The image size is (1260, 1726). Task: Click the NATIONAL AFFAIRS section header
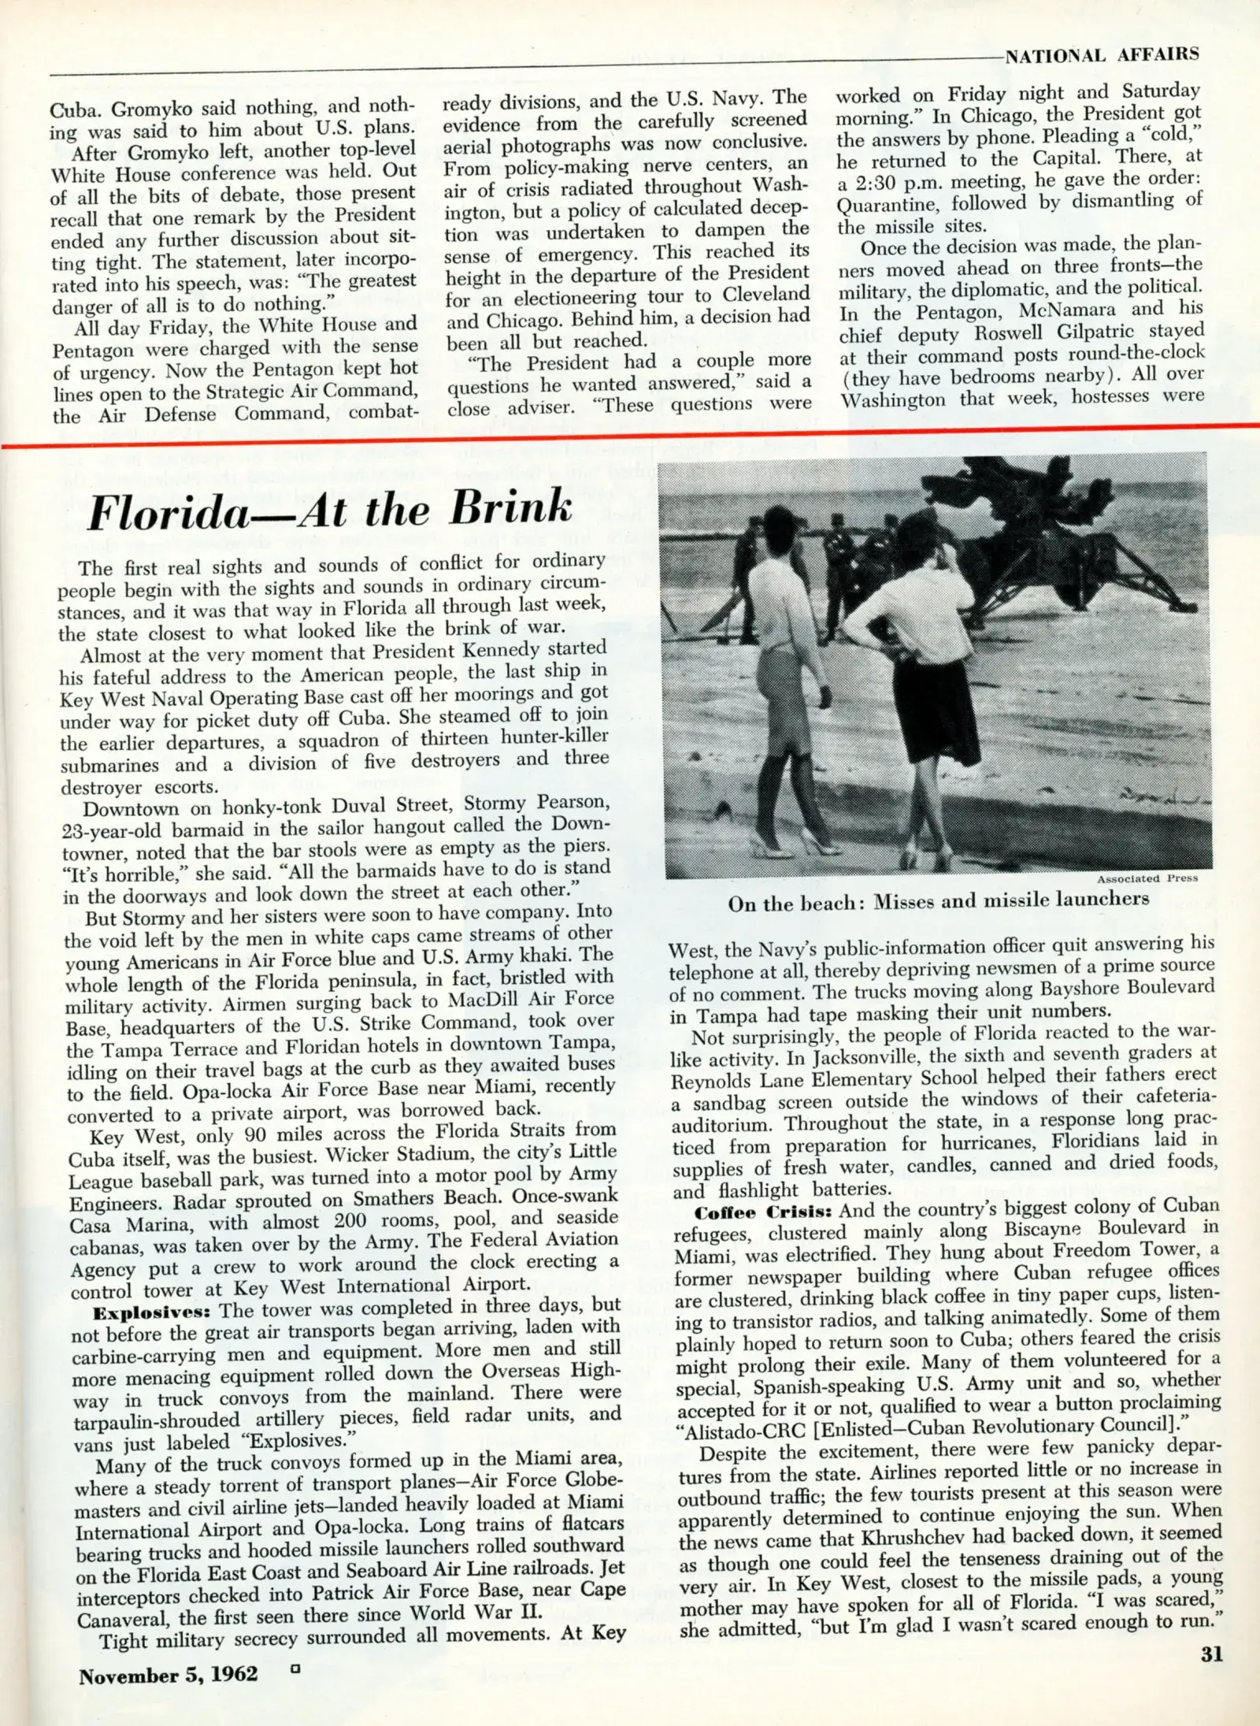click(1102, 54)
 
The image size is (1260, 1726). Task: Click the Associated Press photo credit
click(1147, 878)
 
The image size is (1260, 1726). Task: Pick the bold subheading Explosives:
click(154, 1313)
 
